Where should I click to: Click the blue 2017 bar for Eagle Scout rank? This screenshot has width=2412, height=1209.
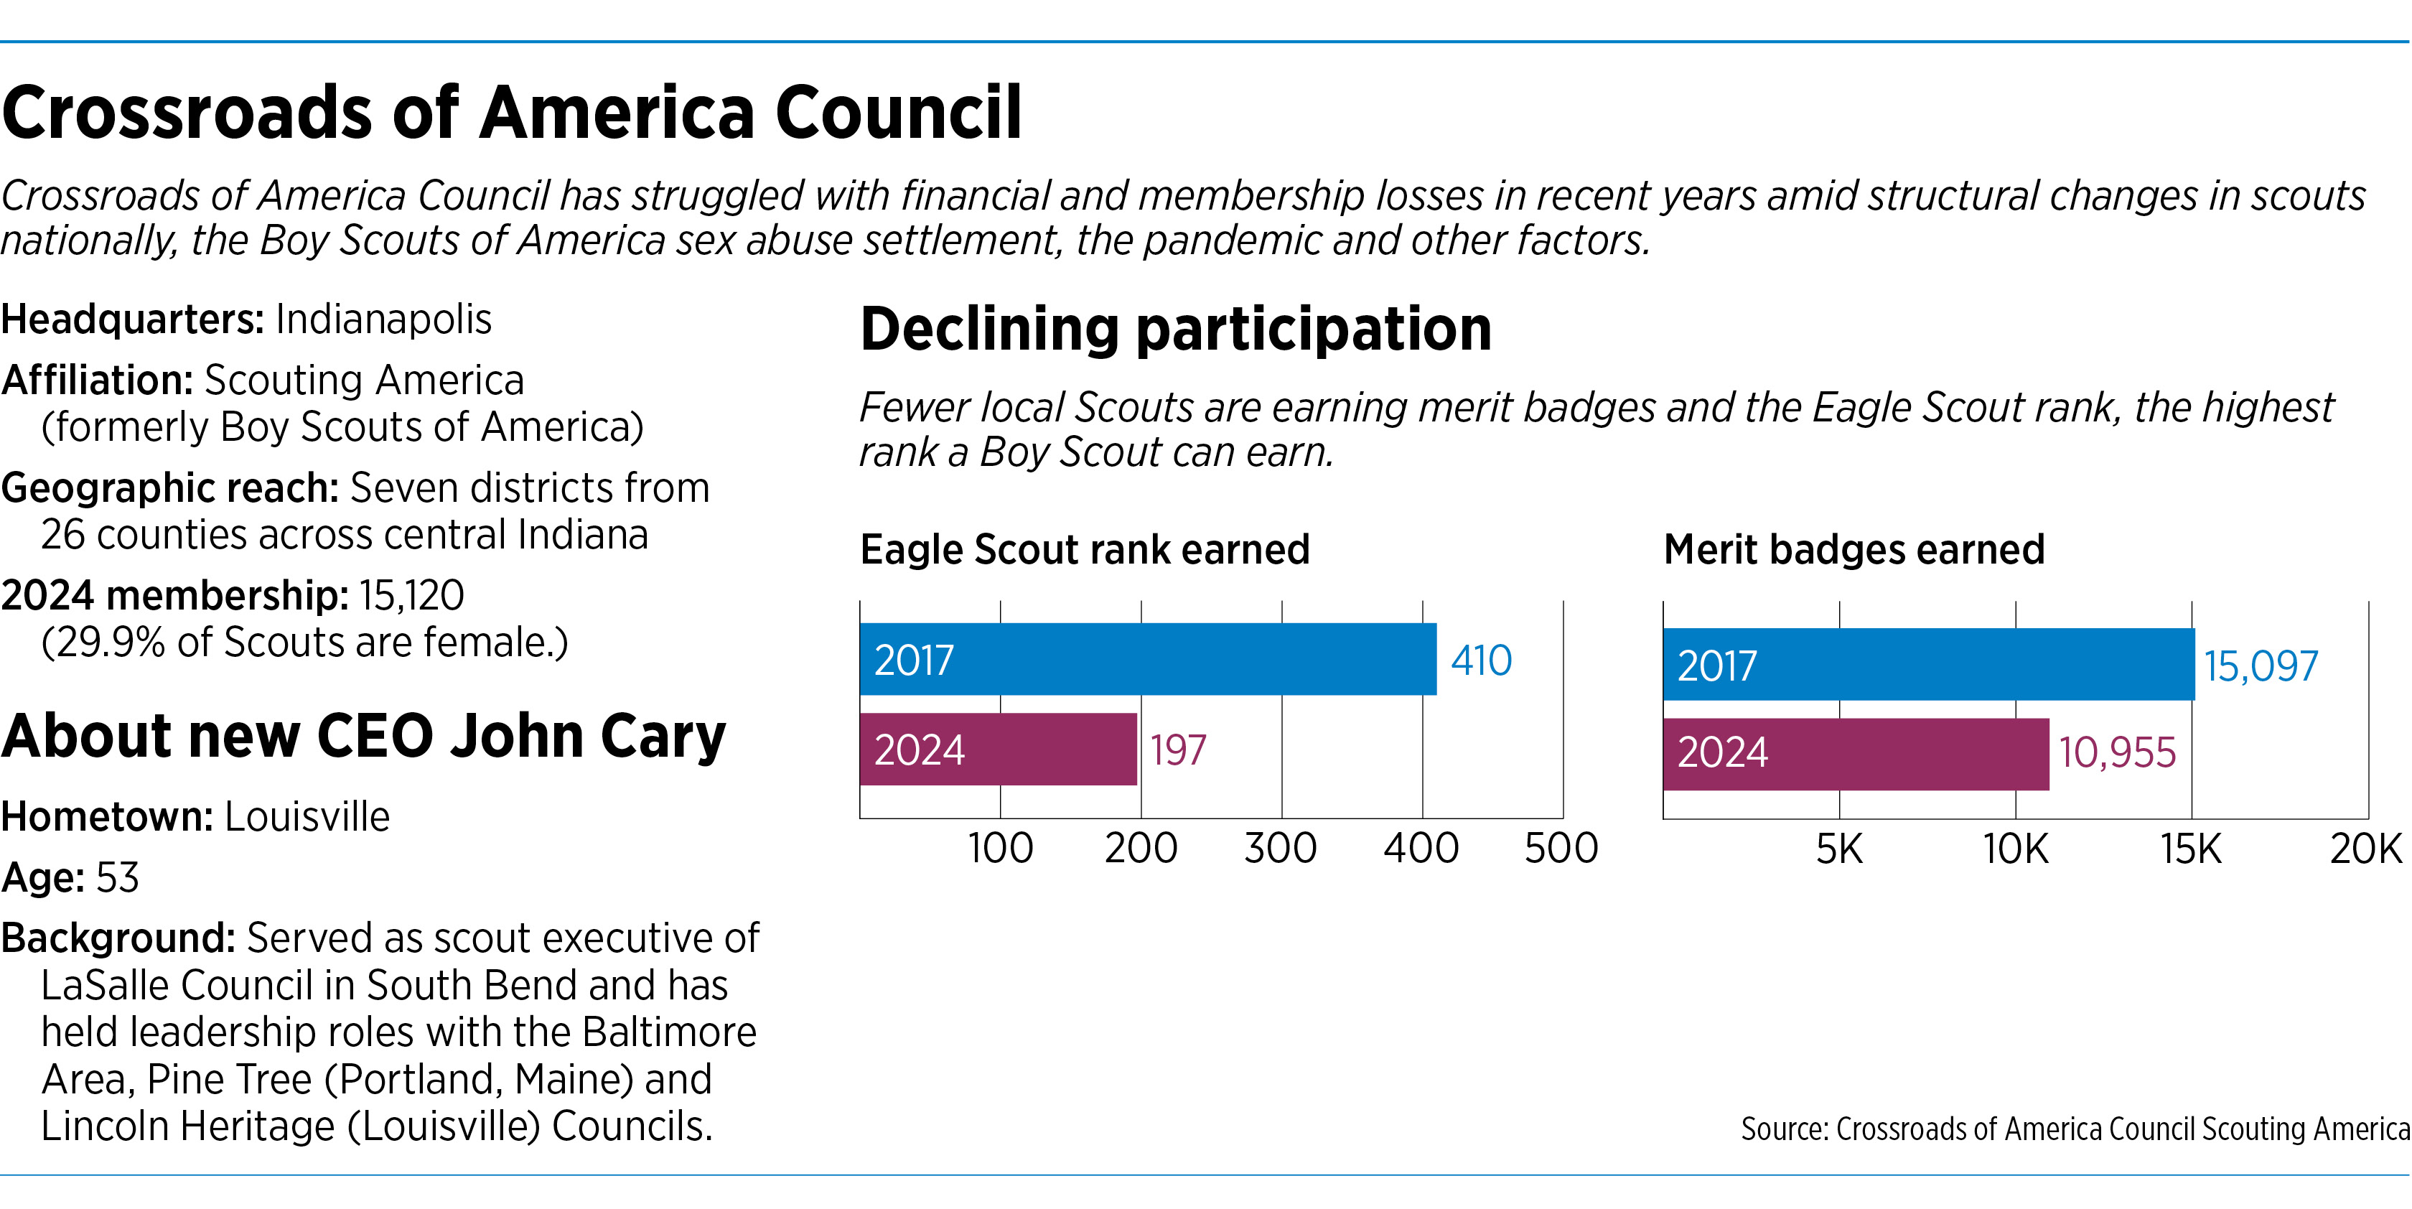coord(1148,659)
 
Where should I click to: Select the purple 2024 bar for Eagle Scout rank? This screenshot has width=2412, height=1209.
coord(998,750)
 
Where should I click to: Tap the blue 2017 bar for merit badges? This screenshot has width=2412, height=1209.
coord(1929,665)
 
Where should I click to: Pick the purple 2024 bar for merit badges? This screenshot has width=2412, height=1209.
coord(1856,755)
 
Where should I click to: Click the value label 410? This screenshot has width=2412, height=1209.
coord(1481,660)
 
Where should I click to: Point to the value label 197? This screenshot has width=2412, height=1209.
coord(1178,750)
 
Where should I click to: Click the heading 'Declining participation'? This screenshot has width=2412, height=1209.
coord(1176,330)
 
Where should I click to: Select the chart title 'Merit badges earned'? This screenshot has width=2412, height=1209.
coord(1854,550)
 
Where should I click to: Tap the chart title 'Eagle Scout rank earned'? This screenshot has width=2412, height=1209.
coord(1084,550)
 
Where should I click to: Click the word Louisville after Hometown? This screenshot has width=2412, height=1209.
coord(307,816)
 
